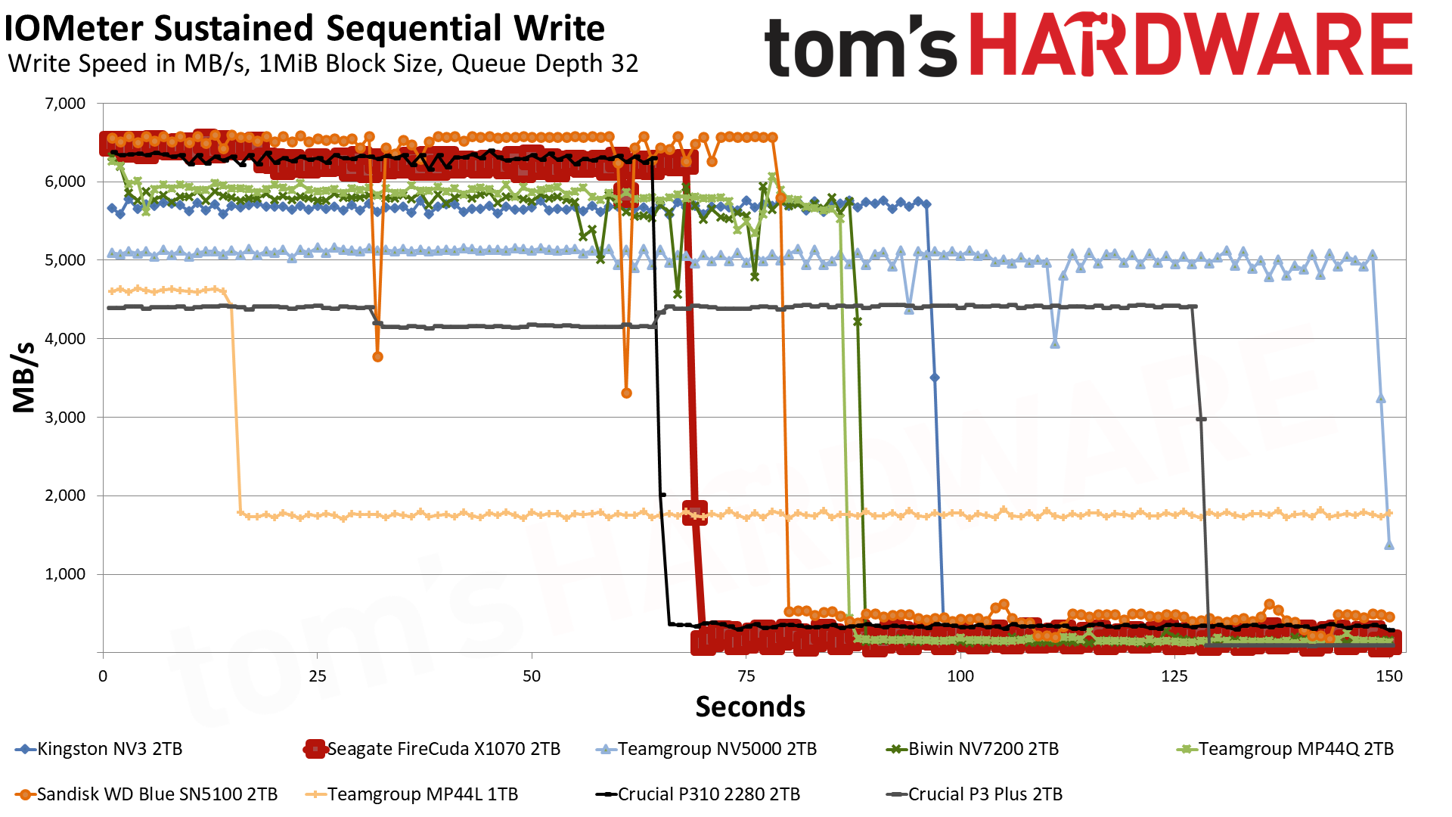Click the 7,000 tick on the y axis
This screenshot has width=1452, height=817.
click(66, 104)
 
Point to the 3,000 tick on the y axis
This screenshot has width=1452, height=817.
click(66, 418)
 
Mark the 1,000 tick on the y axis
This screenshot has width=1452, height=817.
click(66, 574)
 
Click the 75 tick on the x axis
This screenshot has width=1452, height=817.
click(746, 676)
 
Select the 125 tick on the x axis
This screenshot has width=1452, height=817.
click(1174, 676)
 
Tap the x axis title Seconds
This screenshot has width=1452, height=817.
click(750, 707)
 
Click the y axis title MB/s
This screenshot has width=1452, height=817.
click(24, 377)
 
